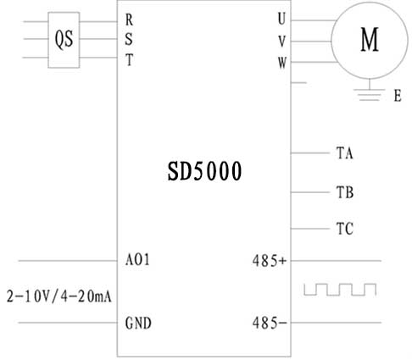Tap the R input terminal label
tap(129, 19)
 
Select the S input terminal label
tap(129, 39)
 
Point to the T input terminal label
tap(129, 60)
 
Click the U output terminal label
tap(281, 19)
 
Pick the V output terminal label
tap(282, 42)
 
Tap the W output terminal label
tap(282, 63)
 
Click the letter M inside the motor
tap(370, 39)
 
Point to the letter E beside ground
tap(398, 96)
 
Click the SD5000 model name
tap(204, 171)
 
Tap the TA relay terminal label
tap(345, 153)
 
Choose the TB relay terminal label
tap(345, 192)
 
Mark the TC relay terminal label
tap(345, 229)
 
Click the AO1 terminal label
tap(137, 259)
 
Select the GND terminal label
tap(138, 323)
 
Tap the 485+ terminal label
tap(270, 261)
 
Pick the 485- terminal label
tap(270, 323)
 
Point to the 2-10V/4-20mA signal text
tap(59, 296)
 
